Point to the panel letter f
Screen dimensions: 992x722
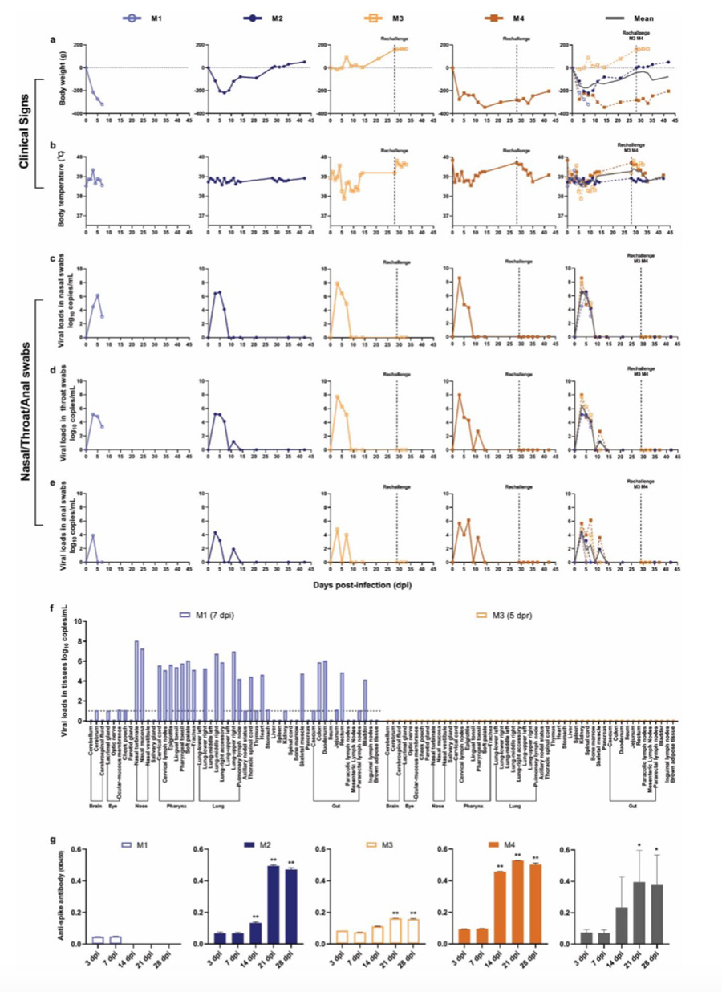coord(53,610)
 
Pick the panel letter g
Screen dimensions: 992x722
coord(53,840)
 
